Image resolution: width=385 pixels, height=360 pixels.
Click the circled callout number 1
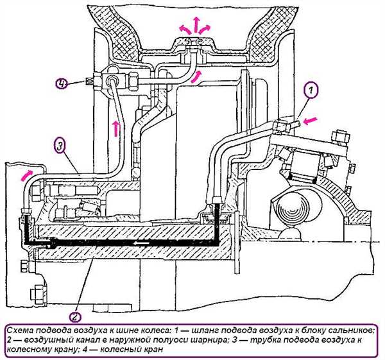[x=311, y=90]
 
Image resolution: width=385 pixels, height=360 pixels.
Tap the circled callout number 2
[x=74, y=318]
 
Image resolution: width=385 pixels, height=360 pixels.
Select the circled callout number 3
[x=60, y=147]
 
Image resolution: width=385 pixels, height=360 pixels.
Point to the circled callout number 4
[x=62, y=83]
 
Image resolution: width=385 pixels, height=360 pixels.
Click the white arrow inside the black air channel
[x=141, y=243]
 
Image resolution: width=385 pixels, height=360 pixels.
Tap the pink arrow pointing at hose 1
[x=310, y=121]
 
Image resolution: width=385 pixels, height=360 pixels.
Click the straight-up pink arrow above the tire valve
[x=196, y=24]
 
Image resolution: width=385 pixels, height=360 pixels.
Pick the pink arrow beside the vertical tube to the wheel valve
[x=116, y=129]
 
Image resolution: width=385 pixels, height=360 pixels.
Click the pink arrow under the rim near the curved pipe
[x=197, y=76]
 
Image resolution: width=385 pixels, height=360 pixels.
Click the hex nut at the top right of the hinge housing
[x=340, y=137]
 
